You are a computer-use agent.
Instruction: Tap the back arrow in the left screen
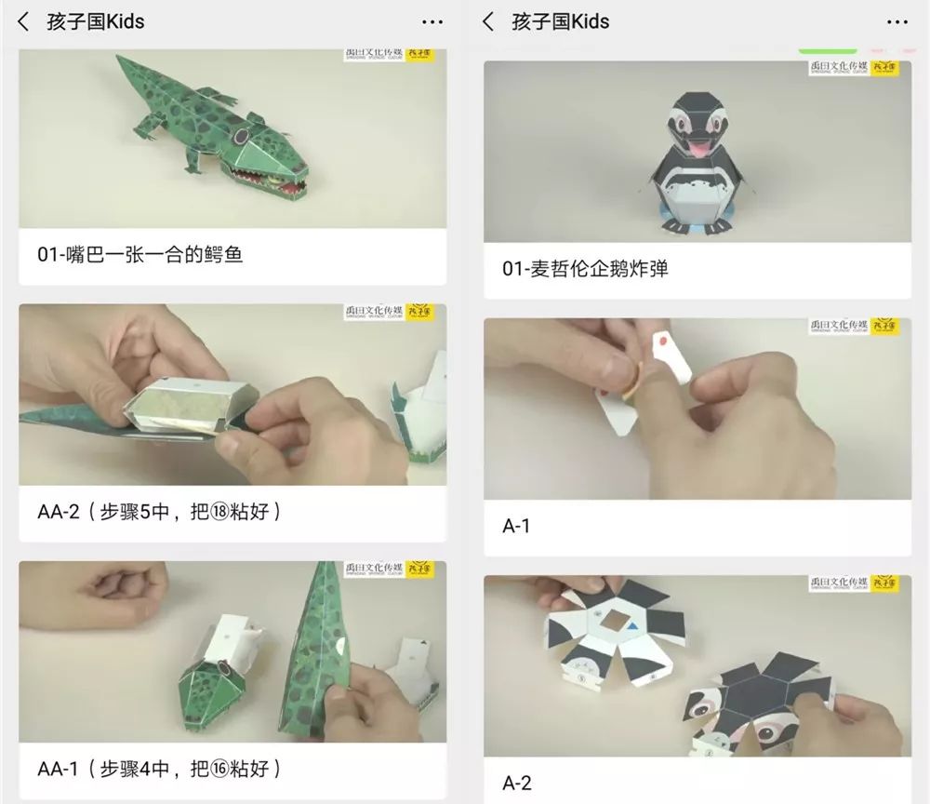tap(24, 21)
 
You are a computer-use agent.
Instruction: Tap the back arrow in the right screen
tap(489, 21)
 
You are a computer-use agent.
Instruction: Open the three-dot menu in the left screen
tap(432, 21)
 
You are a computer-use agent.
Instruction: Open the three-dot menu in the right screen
tap(897, 21)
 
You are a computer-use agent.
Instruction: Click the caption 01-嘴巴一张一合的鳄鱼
tap(140, 254)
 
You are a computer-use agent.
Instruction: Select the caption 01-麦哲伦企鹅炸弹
tap(585, 269)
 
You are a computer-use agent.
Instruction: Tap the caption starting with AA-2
tap(159, 511)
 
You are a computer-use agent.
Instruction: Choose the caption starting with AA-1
tap(159, 768)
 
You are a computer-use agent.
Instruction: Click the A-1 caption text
tap(516, 526)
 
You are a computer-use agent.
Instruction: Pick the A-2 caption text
tap(516, 783)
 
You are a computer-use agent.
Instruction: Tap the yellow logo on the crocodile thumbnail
tap(419, 52)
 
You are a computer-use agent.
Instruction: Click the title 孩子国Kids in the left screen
tap(96, 21)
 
